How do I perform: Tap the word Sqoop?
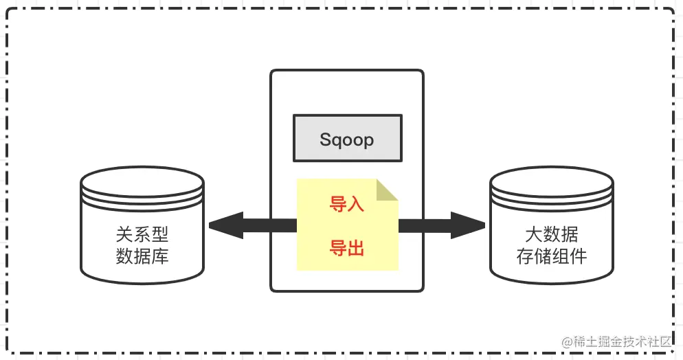(x=347, y=139)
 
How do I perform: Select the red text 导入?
(x=347, y=204)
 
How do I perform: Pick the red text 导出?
(x=347, y=247)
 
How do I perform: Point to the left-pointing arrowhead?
(x=224, y=225)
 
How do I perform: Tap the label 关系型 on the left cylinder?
(x=142, y=236)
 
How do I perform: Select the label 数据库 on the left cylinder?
(x=142, y=257)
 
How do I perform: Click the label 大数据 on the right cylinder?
(x=551, y=236)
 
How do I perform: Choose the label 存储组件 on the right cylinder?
(x=551, y=257)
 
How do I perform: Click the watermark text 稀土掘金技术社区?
(x=626, y=341)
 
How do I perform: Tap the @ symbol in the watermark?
(x=567, y=341)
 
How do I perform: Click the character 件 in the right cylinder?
(x=578, y=257)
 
